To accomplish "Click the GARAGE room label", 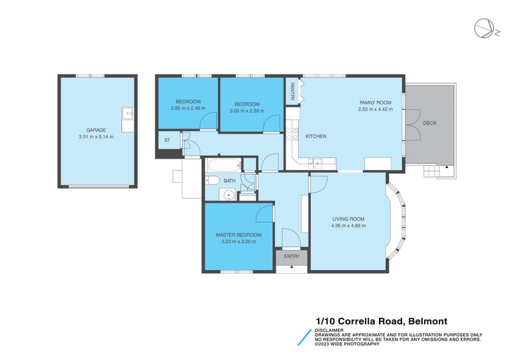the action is point(96,130).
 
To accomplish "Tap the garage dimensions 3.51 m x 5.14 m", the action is point(96,137).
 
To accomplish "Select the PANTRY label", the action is point(292,91).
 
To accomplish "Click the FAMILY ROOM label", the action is point(375,103).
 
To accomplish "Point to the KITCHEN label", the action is point(316,136).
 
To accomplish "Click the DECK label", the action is point(430,123).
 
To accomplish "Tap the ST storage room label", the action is point(167,140).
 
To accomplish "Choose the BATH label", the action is point(229,181).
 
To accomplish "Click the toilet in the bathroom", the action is point(213,181).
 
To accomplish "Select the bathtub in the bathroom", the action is point(224,166).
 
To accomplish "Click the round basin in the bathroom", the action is point(227,195).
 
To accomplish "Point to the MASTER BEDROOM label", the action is point(238,235).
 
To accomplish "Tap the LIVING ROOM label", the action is point(348,219).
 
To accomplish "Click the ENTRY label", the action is point(292,256).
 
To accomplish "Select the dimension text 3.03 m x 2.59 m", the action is point(247,111).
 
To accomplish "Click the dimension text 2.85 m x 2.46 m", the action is point(188,108).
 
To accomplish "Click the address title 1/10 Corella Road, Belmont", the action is point(382,321).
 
